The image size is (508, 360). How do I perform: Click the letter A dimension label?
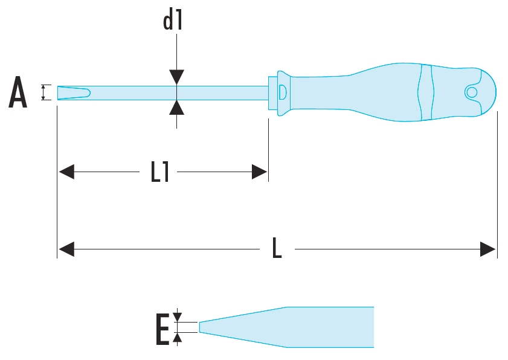[x=18, y=94]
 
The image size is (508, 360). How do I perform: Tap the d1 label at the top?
[x=173, y=21]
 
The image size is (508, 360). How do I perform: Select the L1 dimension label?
[x=160, y=172]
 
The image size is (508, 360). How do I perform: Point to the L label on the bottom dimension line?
[x=277, y=248]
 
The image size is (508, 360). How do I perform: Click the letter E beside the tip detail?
[x=162, y=329]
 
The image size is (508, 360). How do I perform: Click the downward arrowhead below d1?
[x=176, y=77]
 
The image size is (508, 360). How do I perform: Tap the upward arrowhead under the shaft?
[x=176, y=108]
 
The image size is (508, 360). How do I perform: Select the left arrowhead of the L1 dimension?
[x=66, y=172]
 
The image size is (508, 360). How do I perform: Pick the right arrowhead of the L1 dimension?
[x=260, y=172]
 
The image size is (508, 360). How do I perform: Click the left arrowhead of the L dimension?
[x=66, y=248]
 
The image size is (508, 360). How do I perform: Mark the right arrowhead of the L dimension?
[x=488, y=248]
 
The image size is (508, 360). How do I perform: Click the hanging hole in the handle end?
[x=471, y=92]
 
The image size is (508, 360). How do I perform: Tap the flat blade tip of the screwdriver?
[x=72, y=92]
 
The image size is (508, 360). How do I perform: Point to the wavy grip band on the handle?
[x=426, y=92]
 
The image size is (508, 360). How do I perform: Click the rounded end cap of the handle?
[x=487, y=92]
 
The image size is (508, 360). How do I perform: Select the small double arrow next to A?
[x=43, y=92]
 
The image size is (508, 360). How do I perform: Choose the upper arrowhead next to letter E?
[x=177, y=317]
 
